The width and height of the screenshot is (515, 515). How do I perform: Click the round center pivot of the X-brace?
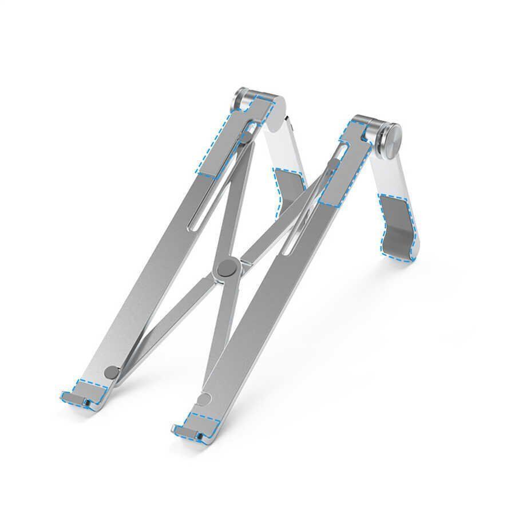(227, 268)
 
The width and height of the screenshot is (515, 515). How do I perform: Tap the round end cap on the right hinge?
(391, 137)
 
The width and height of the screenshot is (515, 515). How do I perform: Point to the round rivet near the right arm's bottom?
(207, 399)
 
